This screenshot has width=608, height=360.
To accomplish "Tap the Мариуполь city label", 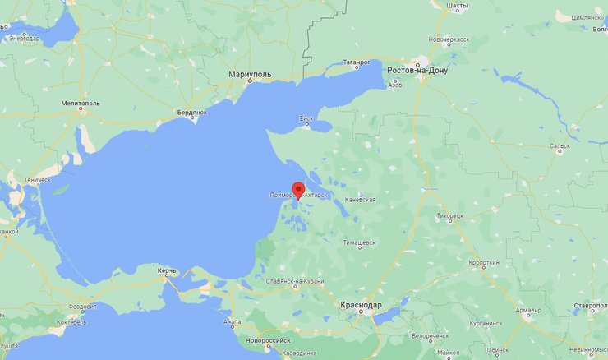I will click(250, 75).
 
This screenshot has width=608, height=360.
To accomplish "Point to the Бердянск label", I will click(192, 112).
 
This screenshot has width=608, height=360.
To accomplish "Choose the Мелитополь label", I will click(80, 104).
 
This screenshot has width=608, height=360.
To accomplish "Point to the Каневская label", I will click(361, 200).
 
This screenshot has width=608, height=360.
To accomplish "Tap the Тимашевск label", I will click(360, 243).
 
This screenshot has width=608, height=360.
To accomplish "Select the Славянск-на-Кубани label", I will click(293, 282).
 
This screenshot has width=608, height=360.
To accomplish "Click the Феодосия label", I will click(82, 307).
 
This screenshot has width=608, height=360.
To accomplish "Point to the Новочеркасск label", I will click(452, 39).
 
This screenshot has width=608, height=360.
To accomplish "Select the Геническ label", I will click(37, 180).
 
